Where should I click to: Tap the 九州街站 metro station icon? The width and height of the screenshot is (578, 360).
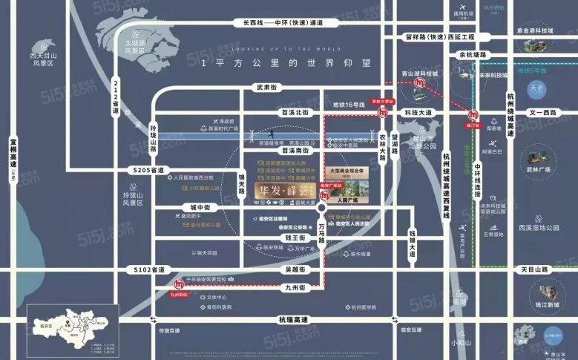point(178,284)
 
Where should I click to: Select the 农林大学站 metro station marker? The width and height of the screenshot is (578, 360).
point(382,113)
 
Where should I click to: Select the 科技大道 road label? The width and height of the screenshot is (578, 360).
point(418,112)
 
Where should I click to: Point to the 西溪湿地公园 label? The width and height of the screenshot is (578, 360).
point(539,228)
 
